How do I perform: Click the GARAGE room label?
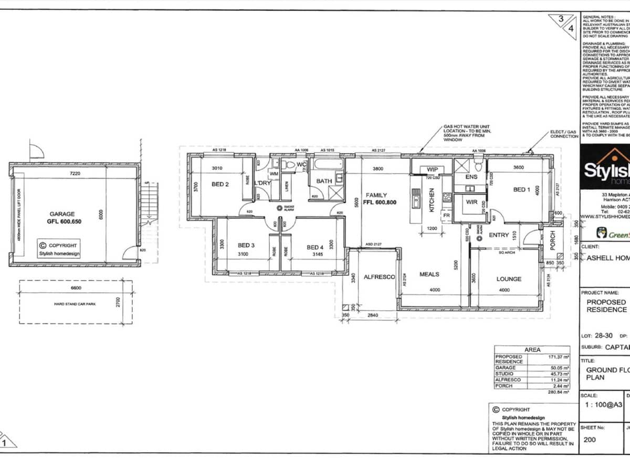[62, 214]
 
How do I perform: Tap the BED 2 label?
[220, 184]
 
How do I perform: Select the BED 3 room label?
[246, 245]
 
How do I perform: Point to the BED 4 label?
[315, 247]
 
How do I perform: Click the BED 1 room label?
[521, 189]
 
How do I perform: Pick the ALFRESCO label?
[379, 277]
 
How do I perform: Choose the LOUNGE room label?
[509, 279]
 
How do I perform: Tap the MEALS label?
[429, 274]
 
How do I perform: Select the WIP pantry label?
[433, 169]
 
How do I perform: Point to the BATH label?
[324, 181]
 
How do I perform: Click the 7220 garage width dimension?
[76, 174]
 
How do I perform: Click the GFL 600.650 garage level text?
[62, 221]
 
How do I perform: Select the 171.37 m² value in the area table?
[555, 357]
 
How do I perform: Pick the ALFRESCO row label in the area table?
[508, 379]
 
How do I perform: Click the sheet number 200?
[590, 439]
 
